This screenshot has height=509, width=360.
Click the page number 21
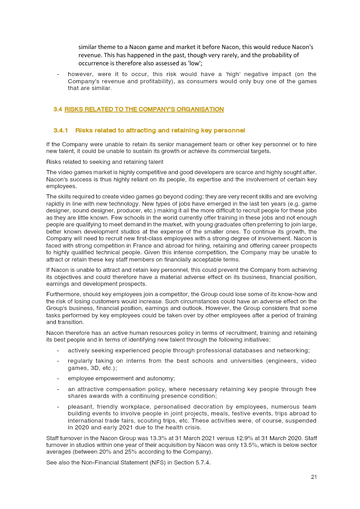pos(314,477)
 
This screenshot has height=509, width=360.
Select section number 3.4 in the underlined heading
pos(57,109)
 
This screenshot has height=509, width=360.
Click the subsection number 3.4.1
pos(60,131)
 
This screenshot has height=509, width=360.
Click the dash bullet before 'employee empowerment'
pos(58,378)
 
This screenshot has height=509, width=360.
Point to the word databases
pos(245,351)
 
